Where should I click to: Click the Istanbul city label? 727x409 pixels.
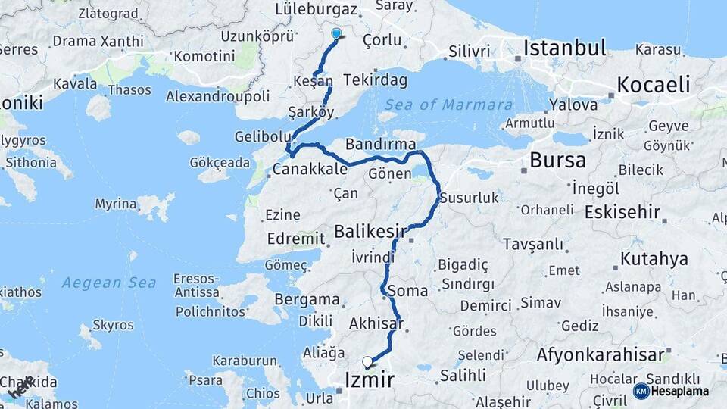tap(565, 48)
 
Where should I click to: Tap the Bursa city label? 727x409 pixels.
tap(557, 160)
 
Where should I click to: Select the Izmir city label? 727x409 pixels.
tap(370, 380)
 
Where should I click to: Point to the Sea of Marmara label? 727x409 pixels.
tap(448, 105)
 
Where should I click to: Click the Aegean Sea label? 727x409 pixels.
tap(109, 283)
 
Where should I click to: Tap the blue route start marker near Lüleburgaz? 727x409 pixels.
tap(337, 33)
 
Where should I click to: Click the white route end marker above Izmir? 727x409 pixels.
tap(368, 362)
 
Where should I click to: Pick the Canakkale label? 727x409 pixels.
tap(310, 170)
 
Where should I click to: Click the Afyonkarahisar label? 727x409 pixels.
tap(601, 354)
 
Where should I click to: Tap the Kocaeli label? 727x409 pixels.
tap(654, 84)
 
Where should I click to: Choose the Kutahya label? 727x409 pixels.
tap(654, 259)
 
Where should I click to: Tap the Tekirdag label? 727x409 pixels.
tap(375, 80)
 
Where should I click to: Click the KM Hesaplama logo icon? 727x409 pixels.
tap(641, 391)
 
